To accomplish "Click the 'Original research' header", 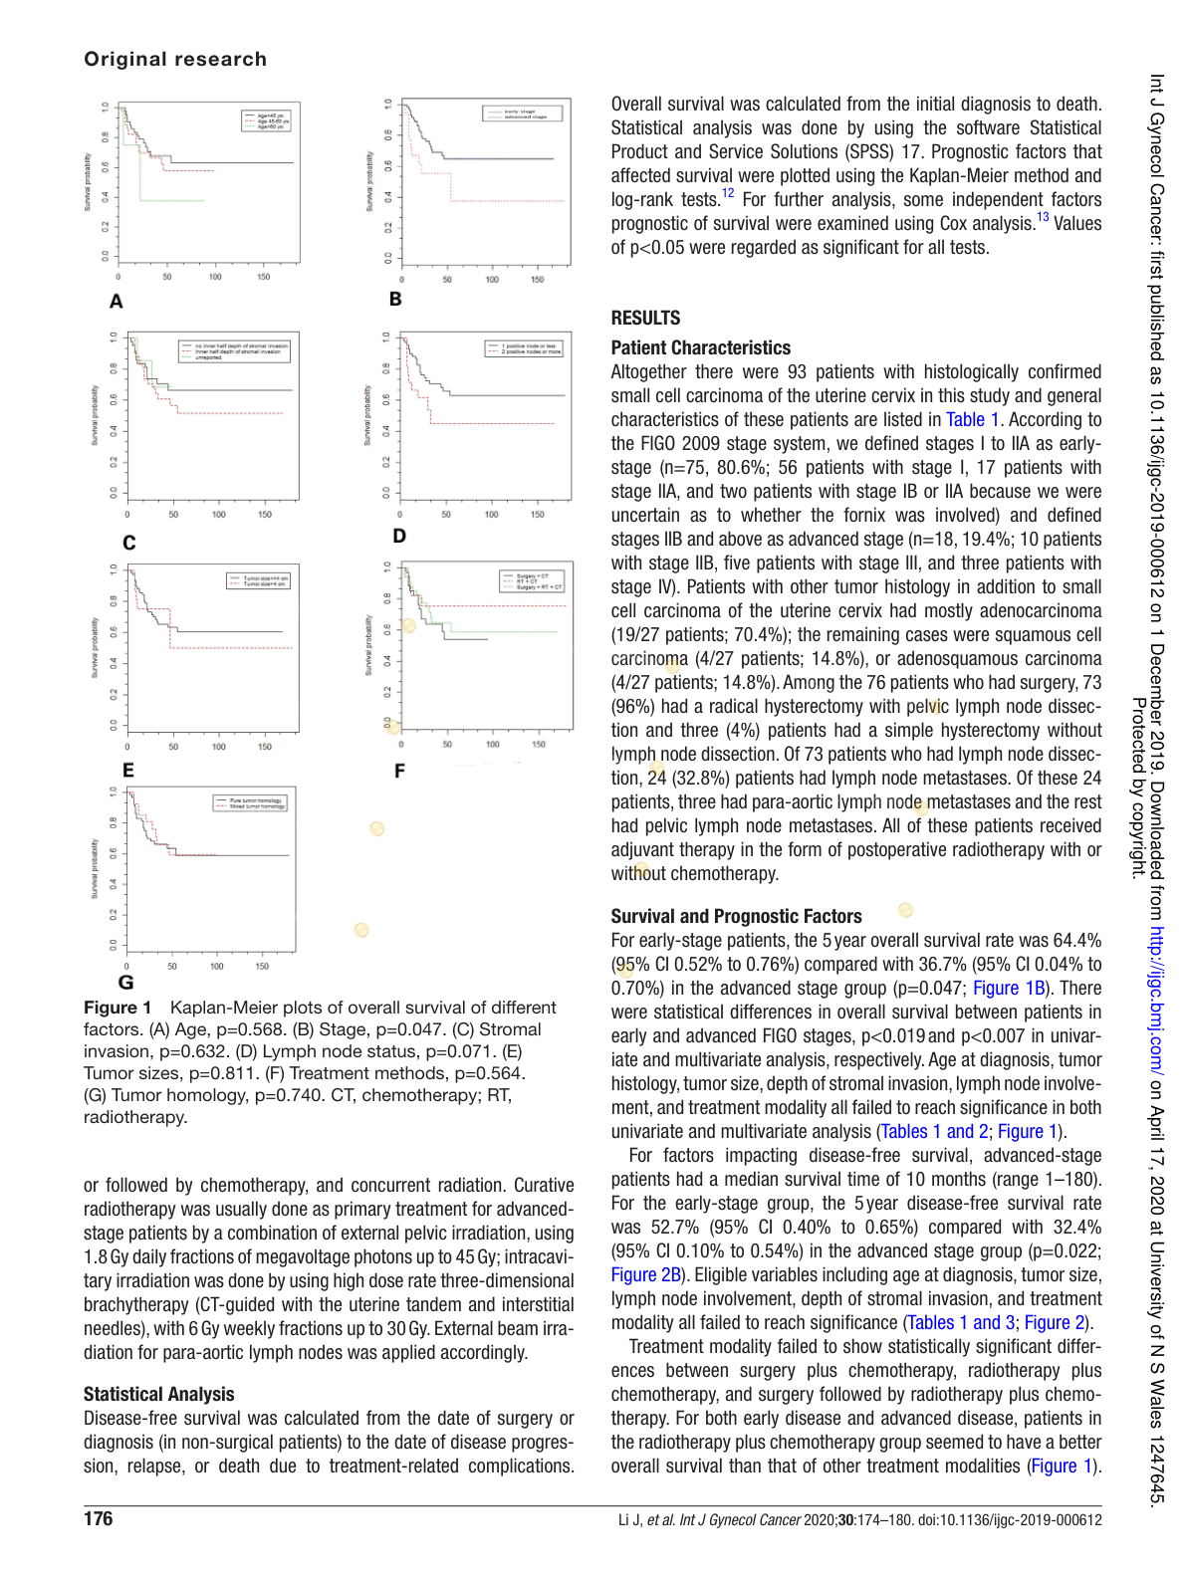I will (175, 59).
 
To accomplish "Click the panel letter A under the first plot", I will (117, 302).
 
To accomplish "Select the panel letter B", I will (395, 299).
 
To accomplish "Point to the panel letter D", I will (399, 536).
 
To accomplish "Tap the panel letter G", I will (125, 983).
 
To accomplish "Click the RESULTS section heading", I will (645, 318).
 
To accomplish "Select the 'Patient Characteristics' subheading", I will (700, 347).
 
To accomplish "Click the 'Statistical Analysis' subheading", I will (159, 1394).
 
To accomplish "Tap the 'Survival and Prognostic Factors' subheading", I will (736, 916).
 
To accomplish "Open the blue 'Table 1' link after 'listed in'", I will (972, 420).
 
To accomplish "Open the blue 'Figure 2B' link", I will (645, 1274).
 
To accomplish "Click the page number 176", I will (98, 1518).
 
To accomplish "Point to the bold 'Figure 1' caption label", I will (118, 1008).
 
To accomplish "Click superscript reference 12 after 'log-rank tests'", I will (728, 194).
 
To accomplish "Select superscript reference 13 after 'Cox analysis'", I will (1043, 218).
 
